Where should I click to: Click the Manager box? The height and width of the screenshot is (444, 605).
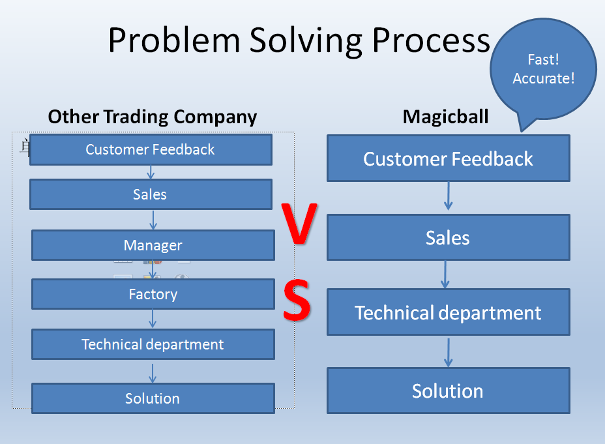(153, 245)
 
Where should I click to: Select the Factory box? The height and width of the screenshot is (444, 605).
(153, 294)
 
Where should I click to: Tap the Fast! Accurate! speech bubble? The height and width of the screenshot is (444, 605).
(543, 69)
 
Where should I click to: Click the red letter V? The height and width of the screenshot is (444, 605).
(299, 224)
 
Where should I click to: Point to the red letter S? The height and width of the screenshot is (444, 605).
(297, 300)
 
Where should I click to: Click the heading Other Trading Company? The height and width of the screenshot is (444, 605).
(153, 117)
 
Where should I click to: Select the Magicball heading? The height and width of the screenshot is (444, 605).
(446, 117)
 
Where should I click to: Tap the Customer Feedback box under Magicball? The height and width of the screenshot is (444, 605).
(449, 158)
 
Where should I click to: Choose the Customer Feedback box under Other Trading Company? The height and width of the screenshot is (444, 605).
(151, 150)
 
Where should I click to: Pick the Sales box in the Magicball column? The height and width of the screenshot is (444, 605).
(449, 237)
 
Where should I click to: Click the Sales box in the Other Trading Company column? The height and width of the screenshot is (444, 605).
(151, 194)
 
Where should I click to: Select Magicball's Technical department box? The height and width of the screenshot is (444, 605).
(449, 312)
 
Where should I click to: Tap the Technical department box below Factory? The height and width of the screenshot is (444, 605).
(153, 344)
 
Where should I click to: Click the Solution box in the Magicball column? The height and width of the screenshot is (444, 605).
(449, 391)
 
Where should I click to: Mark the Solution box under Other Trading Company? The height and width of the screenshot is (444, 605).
(153, 398)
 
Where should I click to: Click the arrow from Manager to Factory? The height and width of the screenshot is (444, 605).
(153, 270)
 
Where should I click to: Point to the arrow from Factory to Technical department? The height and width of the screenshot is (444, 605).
(153, 319)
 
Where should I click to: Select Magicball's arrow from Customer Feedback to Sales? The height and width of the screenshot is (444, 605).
(449, 196)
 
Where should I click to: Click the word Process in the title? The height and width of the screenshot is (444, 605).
(431, 40)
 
